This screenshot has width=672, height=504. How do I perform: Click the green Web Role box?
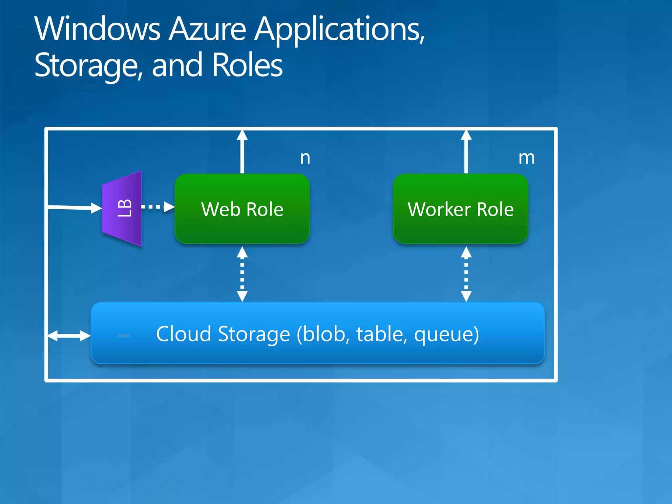[242, 209]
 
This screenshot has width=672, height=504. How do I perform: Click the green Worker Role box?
[460, 209]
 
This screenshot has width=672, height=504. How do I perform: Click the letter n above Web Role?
[305, 158]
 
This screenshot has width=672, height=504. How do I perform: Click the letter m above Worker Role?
[526, 158]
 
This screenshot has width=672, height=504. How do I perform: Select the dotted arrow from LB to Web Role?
[157, 207]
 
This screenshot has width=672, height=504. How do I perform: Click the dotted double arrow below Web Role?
[242, 274]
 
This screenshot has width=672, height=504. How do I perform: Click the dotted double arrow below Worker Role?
[466, 274]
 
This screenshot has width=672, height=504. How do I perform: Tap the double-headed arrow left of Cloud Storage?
[69, 336]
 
